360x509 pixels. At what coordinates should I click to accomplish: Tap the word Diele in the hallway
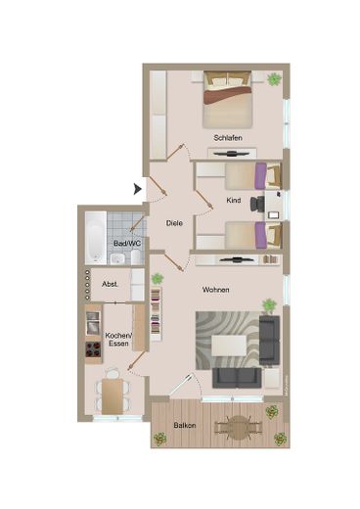tap(175, 223)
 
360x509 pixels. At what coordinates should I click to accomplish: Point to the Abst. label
tap(111, 284)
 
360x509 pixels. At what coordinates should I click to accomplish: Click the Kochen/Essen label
tap(119, 340)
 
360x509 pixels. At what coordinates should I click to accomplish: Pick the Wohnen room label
tap(216, 290)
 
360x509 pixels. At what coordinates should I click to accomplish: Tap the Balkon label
tap(185, 426)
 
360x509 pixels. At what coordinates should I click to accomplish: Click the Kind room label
tap(234, 200)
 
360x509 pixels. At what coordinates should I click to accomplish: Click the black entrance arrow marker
tap(138, 185)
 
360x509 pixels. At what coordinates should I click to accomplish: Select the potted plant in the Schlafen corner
tap(275, 78)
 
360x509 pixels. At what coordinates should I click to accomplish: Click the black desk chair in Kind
tap(256, 205)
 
